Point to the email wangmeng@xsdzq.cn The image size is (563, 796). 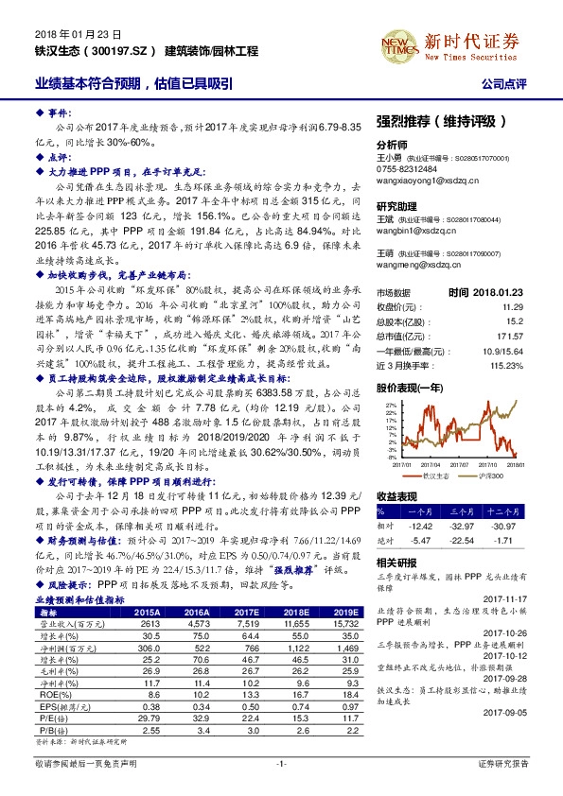[418, 266]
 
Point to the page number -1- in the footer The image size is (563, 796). [281, 762]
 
